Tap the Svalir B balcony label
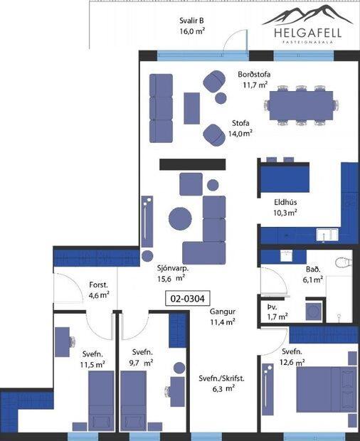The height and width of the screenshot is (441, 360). pos(192,26)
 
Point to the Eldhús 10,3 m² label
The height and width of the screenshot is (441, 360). pos(285,206)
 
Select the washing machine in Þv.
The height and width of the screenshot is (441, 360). pos(313,311)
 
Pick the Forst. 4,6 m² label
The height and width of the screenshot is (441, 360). pos(99,289)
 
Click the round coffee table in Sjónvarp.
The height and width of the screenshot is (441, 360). pos(179,217)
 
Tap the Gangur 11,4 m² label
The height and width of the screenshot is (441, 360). pos(223,317)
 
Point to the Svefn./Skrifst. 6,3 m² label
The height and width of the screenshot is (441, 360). pos(221,384)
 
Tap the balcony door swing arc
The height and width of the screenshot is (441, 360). pos(231,41)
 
